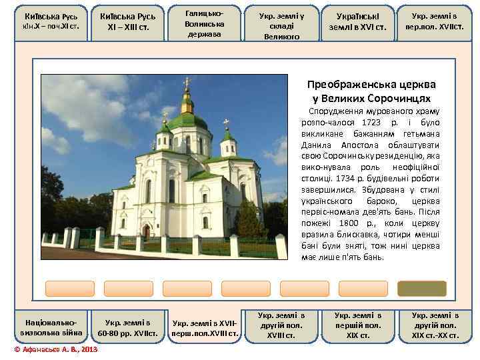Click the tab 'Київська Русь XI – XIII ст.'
coord(127,23)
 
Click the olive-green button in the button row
coord(421,288)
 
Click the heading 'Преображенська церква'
coord(371,85)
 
